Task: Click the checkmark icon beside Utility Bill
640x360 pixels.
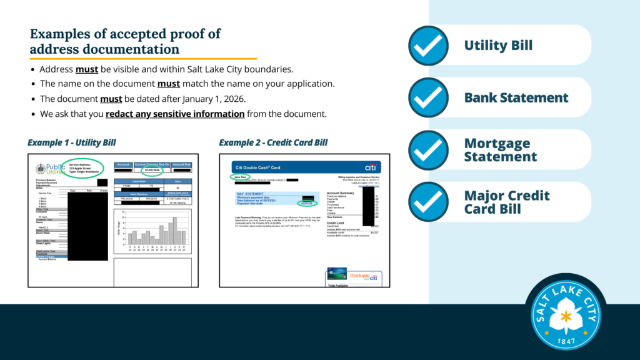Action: pyautogui.click(x=428, y=45)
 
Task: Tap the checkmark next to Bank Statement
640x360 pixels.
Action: pyautogui.click(x=428, y=97)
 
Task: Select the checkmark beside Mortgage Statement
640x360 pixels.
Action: pyautogui.click(x=428, y=150)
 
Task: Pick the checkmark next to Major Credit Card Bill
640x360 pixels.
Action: pyautogui.click(x=428, y=202)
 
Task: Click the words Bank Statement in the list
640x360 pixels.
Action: pyautogui.click(x=516, y=97)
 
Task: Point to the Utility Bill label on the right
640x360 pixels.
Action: pyautogui.click(x=498, y=45)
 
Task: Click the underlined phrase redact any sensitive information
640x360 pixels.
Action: pyautogui.click(x=175, y=114)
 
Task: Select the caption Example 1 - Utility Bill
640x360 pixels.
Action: pyautogui.click(x=72, y=142)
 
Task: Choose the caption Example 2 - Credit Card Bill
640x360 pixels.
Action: pyautogui.click(x=273, y=142)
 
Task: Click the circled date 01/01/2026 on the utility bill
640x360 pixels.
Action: pyautogui.click(x=152, y=170)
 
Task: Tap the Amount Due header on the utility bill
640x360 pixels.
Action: pyautogui.click(x=181, y=164)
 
